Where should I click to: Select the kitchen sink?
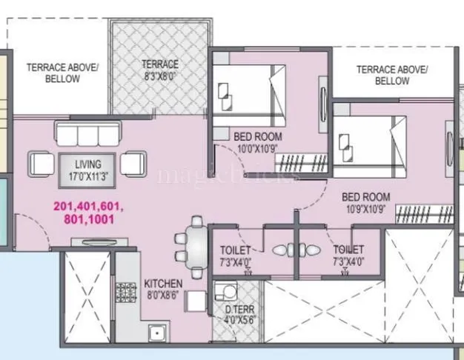point(156,333)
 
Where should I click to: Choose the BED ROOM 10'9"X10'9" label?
point(365,203)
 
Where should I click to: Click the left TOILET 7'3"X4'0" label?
point(236,255)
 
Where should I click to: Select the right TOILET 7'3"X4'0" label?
point(348,255)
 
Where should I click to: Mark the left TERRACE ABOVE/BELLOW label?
point(62,73)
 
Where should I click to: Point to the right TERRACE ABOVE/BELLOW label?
point(391,75)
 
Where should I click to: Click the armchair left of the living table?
point(41,162)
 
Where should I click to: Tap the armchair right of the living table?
point(134,162)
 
